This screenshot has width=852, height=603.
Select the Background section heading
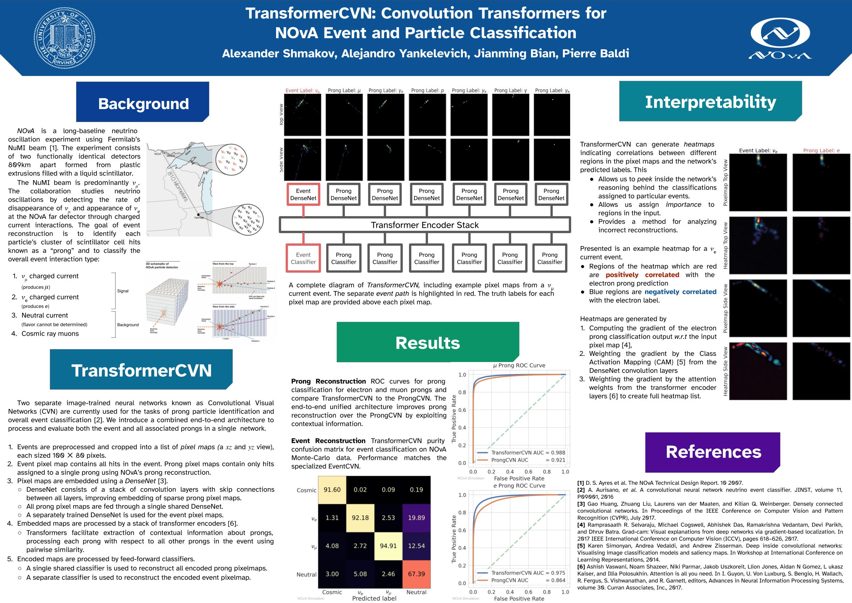coord(143,103)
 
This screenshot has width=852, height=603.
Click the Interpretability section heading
coord(710,102)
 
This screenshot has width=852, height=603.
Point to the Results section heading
coord(428,343)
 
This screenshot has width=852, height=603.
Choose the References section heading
coord(713,452)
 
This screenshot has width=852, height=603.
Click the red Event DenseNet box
coord(303,195)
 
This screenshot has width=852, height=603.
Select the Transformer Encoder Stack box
coord(425,225)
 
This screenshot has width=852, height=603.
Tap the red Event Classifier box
coord(303,258)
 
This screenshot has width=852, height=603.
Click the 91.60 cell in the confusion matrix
coord(332,490)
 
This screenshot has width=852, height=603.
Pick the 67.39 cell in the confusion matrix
coord(416,574)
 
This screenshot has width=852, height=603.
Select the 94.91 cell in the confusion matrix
coord(388,546)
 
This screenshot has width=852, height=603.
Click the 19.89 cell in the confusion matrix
coord(416,517)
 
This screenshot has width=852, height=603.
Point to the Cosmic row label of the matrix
coord(306,490)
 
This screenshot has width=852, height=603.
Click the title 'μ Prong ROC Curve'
coord(519,365)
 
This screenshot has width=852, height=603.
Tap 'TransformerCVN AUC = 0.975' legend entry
coord(528,573)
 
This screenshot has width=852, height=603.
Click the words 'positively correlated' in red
coord(642,275)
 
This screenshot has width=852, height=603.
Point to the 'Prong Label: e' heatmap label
coord(821,150)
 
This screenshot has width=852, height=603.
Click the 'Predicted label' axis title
coord(374,598)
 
